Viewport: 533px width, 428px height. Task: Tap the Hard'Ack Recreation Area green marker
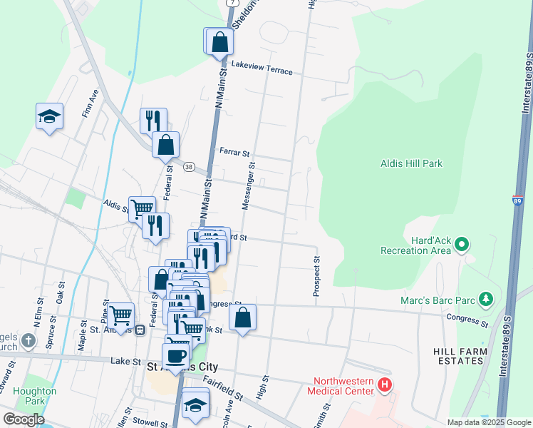(x=462, y=245)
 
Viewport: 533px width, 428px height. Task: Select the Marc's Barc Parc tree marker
(x=486, y=297)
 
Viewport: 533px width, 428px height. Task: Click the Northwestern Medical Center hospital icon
(x=385, y=386)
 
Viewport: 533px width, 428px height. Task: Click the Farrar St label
(x=234, y=153)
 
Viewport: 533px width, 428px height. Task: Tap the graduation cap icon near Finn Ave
(x=49, y=116)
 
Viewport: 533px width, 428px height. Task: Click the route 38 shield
(x=189, y=167)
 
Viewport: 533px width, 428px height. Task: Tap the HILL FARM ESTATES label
(x=460, y=357)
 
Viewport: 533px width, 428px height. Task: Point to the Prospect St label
(x=316, y=277)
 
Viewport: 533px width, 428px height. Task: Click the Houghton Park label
(x=34, y=396)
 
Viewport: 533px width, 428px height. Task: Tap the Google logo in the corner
(x=24, y=419)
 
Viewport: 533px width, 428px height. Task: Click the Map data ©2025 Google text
(x=488, y=422)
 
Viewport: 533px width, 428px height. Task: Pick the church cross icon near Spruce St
(x=28, y=340)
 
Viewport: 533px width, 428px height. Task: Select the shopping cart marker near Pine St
(x=121, y=314)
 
